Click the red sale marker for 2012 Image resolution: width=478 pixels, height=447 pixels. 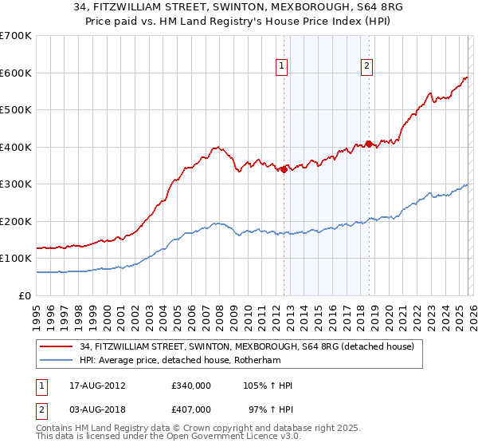(x=284, y=168)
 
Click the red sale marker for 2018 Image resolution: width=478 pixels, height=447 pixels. (x=368, y=144)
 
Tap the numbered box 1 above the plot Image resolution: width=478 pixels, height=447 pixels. (x=283, y=67)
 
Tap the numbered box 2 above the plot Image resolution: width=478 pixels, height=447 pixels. (x=366, y=67)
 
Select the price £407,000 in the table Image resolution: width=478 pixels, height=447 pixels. (x=191, y=409)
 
